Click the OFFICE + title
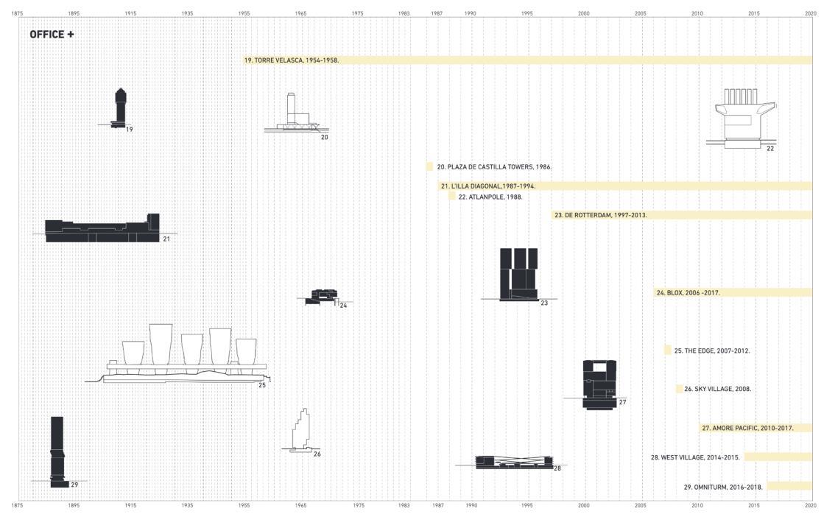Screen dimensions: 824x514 click(52, 35)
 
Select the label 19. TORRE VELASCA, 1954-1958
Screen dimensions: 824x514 click(292, 60)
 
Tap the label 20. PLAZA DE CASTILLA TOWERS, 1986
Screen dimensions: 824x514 click(494, 167)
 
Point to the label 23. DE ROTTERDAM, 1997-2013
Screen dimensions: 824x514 click(601, 215)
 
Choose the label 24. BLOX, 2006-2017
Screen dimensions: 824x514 click(688, 292)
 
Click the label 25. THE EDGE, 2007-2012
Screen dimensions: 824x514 click(711, 351)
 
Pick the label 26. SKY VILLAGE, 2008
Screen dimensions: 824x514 click(717, 389)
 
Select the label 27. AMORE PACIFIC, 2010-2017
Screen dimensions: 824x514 click(747, 428)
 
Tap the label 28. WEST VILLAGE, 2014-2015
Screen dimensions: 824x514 click(694, 457)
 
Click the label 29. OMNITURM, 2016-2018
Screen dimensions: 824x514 click(723, 487)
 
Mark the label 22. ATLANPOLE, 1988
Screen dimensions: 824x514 click(490, 197)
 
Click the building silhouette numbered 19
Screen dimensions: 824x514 click(120, 108)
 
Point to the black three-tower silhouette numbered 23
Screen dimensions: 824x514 click(518, 274)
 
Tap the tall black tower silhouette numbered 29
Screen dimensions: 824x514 click(57, 451)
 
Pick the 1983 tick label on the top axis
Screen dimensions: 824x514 click(404, 13)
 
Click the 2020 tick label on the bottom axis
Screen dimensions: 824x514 click(811, 506)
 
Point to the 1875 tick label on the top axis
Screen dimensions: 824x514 click(17, 13)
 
